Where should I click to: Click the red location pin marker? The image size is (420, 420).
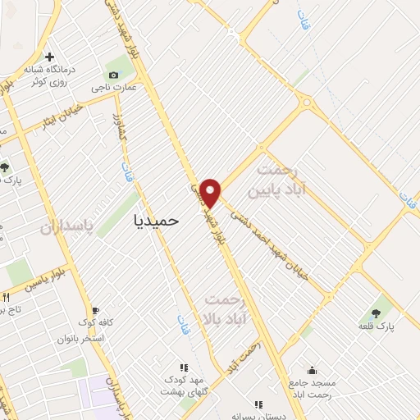coord(211,192)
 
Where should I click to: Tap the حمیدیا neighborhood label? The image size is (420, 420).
coord(156,220)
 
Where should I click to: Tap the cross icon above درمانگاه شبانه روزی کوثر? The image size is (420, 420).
coord(50,57)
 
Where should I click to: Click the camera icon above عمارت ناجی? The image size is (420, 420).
coord(113,74)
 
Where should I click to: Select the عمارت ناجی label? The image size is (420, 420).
coord(113,86)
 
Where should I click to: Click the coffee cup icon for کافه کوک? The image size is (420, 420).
coord(97,311)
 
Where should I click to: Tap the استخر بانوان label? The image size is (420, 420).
coord(80,338)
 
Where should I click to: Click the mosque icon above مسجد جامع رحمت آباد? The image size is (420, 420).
coord(311,370)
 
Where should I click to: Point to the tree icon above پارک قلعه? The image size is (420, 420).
coord(377,313)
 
